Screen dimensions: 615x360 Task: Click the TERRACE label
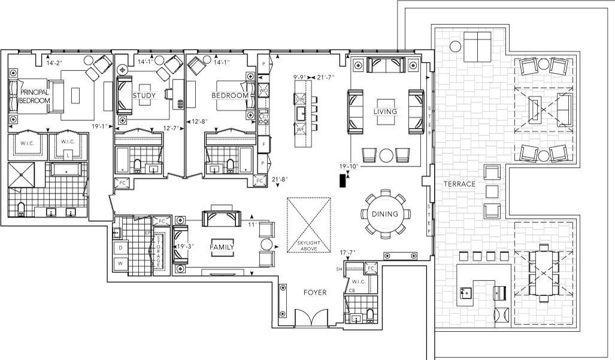click(459, 184)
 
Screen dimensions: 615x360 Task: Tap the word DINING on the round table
click(385, 214)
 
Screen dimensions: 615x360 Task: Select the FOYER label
click(314, 292)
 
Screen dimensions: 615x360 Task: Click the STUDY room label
click(144, 96)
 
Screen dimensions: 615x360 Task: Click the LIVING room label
click(385, 112)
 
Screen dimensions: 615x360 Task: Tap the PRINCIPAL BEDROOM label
click(34, 97)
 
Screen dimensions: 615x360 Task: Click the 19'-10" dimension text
click(348, 167)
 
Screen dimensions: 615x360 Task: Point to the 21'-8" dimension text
click(280, 179)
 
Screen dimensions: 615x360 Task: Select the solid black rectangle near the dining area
click(343, 180)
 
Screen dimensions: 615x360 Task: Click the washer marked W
click(120, 263)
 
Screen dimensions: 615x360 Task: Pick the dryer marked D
click(120, 247)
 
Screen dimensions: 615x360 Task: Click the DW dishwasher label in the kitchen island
click(301, 99)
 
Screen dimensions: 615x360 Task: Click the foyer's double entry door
click(310, 317)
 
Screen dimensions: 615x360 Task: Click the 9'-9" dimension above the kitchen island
click(299, 77)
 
